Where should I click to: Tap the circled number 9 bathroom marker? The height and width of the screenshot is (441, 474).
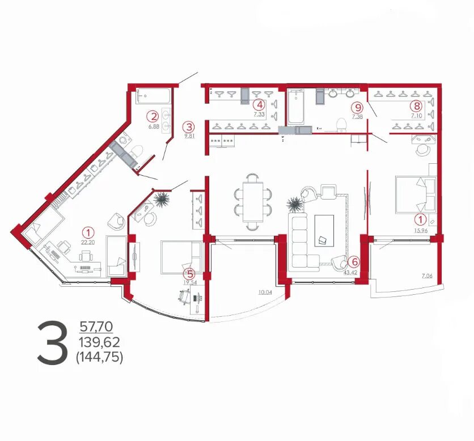358,107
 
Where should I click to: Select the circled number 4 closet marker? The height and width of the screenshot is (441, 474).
259,105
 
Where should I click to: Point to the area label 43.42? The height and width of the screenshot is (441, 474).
350,272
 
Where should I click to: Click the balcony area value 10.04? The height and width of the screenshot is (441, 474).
265,292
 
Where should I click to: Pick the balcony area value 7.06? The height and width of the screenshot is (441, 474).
427,275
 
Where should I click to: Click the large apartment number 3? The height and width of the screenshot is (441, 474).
52,343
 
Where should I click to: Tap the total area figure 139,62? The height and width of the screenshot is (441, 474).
99,342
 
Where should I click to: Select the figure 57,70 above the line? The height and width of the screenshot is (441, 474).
96,326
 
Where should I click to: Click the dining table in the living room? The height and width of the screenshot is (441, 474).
253,202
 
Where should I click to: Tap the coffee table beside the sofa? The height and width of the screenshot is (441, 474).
324,231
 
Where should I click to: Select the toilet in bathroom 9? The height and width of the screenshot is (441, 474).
341,125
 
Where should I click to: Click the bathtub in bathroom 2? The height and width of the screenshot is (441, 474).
153,96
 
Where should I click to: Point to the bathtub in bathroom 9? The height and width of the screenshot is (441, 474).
295,107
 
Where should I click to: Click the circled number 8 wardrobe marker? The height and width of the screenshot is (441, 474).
417,106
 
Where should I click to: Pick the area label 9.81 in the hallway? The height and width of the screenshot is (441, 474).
189,136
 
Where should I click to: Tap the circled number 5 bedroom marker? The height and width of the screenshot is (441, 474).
190,274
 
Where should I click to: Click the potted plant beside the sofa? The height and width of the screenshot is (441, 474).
293,205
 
